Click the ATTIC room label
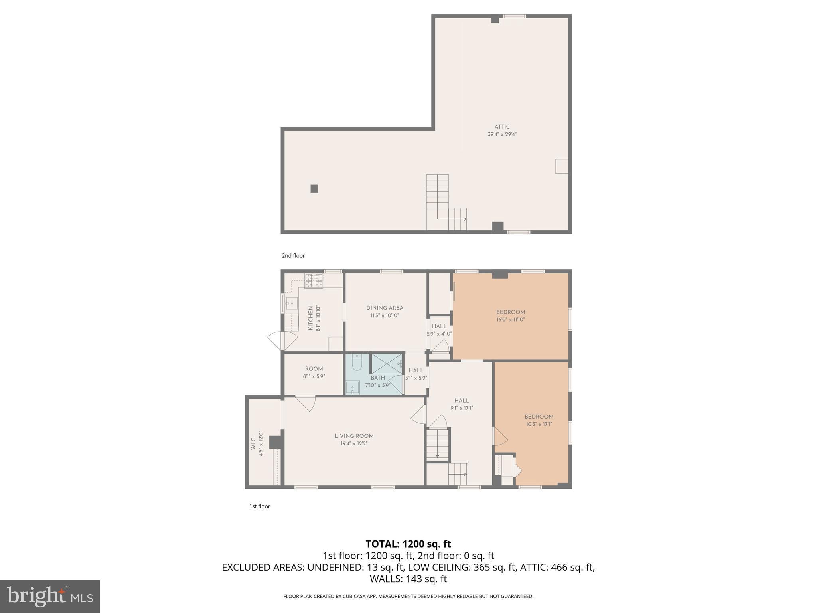pyautogui.click(x=502, y=127)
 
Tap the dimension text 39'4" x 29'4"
pyautogui.click(x=502, y=134)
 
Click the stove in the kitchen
pyautogui.click(x=314, y=281)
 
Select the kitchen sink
pyautogui.click(x=291, y=304)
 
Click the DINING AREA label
pyautogui.click(x=385, y=308)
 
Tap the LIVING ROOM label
pyautogui.click(x=354, y=436)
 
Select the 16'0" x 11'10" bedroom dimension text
pyautogui.click(x=511, y=320)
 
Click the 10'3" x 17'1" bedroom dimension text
pyautogui.click(x=539, y=424)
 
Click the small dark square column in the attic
pyautogui.click(x=314, y=189)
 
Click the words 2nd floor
pyautogui.click(x=293, y=256)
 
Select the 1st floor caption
pyautogui.click(x=260, y=506)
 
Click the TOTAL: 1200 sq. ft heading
pyautogui.click(x=408, y=544)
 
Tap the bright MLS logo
pyautogui.click(x=50, y=596)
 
